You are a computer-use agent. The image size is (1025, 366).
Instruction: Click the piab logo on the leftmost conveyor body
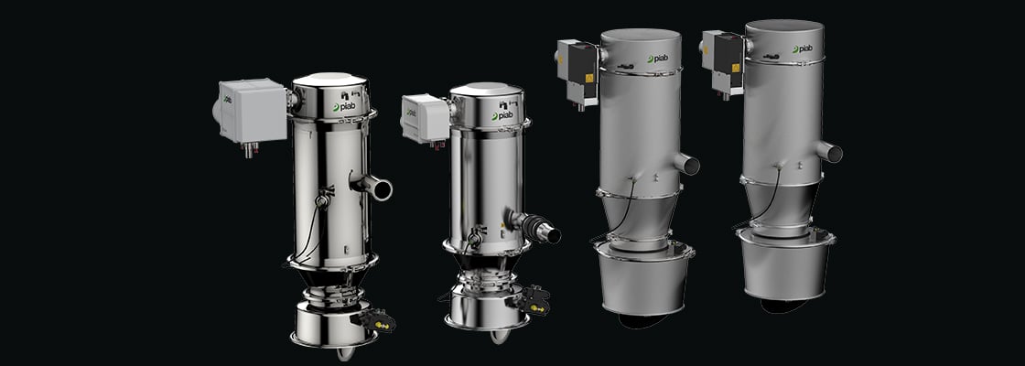click(x=344, y=106)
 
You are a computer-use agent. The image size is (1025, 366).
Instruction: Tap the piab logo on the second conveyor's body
click(x=502, y=115)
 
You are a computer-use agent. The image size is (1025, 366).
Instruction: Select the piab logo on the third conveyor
click(x=659, y=59)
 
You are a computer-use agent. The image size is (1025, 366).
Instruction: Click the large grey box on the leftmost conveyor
click(x=253, y=111)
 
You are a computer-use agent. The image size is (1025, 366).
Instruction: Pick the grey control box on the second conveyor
click(x=425, y=118)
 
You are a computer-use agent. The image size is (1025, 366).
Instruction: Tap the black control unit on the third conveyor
click(x=582, y=63)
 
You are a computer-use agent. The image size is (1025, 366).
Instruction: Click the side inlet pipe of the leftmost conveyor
click(x=372, y=186)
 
